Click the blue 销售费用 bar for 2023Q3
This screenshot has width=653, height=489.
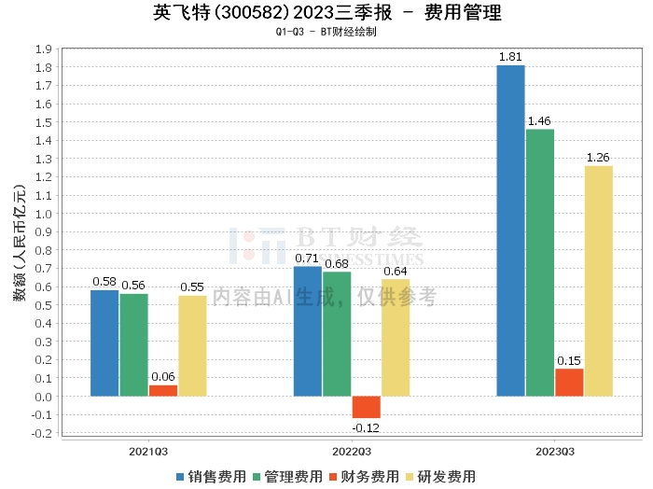(x=510, y=231)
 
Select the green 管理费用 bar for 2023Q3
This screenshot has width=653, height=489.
(x=540, y=262)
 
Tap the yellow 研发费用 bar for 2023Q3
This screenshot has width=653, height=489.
(x=598, y=281)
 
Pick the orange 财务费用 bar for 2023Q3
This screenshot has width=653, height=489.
(x=569, y=383)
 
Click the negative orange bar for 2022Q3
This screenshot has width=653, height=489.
(x=366, y=407)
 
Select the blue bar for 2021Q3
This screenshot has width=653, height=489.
(x=104, y=343)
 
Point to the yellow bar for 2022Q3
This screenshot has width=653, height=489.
(x=396, y=338)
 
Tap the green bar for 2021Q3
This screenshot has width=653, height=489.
(x=133, y=345)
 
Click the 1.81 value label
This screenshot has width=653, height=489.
(x=510, y=58)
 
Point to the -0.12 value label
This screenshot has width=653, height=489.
(x=366, y=426)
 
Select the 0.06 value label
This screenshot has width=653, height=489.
(x=162, y=377)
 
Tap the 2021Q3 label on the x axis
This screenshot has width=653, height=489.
(x=148, y=452)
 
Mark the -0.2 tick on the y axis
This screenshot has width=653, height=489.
(x=41, y=433)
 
